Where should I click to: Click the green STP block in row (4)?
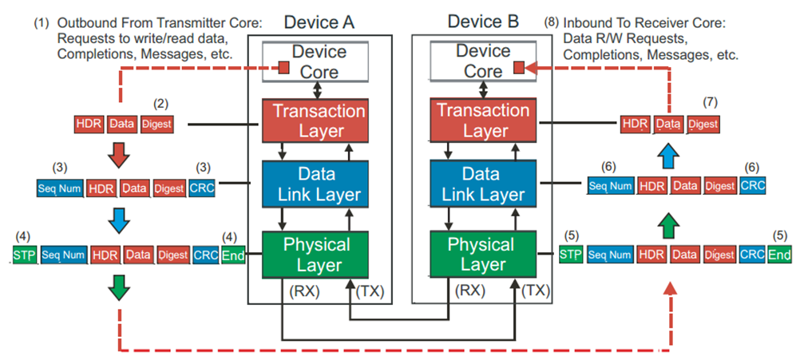25,255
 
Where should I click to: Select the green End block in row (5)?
778,255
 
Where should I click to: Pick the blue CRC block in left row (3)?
201,188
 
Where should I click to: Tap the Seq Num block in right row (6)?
611,185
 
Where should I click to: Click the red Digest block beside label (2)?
156,124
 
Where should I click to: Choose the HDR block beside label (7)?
635,124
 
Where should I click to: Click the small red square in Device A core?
283,68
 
